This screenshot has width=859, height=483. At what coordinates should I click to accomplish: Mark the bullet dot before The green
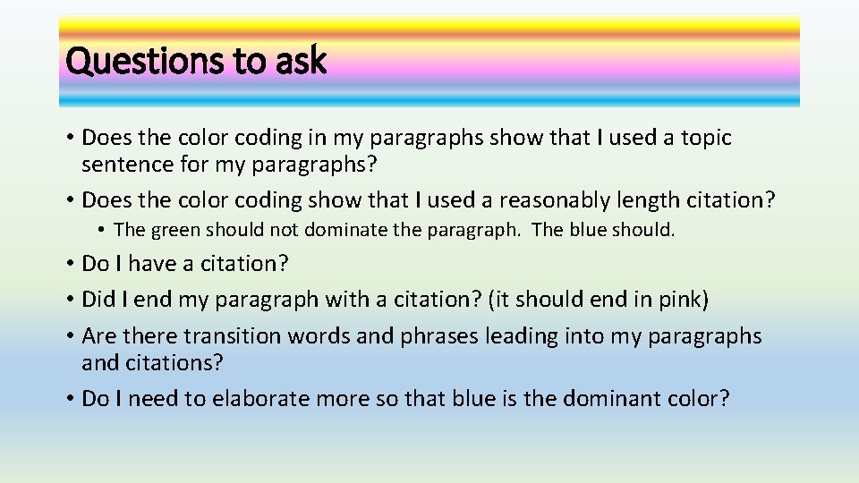[x=103, y=231]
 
